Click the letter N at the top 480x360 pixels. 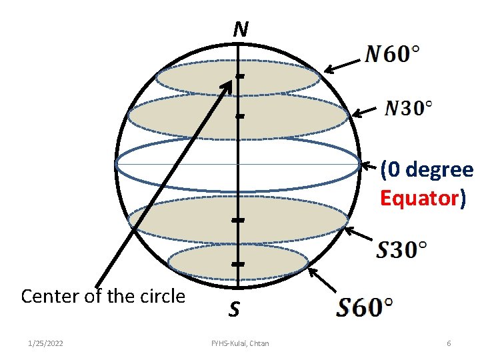[241, 29]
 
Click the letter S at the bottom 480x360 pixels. [234, 309]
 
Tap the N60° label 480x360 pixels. [393, 54]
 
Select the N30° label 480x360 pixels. [409, 107]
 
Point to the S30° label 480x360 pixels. [401, 250]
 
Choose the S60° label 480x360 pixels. [364, 307]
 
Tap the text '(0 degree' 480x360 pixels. [427, 171]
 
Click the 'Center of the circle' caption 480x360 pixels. [103, 296]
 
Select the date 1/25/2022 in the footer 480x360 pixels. [46, 343]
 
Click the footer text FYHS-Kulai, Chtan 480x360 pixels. [240, 343]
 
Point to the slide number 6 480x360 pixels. [449, 343]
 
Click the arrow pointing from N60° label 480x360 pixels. [343, 64]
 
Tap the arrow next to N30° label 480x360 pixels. [366, 113]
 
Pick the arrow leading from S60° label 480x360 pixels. [323, 280]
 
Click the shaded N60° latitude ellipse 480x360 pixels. [200, 79]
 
